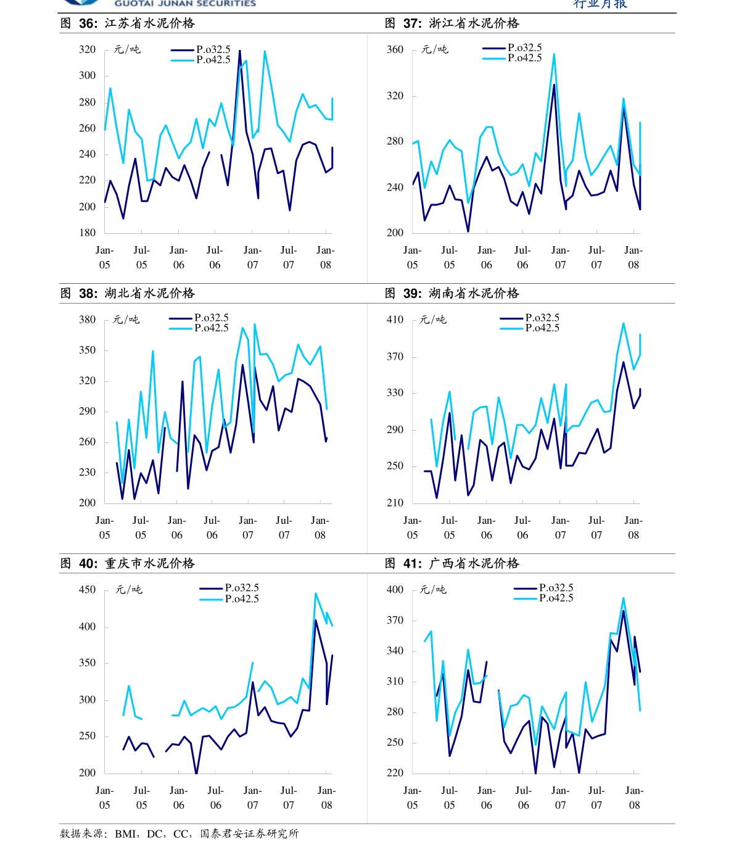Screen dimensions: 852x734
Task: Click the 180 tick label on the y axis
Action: tap(87, 233)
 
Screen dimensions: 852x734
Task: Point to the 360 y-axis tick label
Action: tap(395, 49)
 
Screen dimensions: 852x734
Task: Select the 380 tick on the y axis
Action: tap(87, 320)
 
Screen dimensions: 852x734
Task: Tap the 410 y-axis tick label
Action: tap(395, 320)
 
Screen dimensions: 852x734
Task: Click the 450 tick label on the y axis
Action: tap(87, 590)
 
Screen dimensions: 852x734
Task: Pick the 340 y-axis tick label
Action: tap(395, 651)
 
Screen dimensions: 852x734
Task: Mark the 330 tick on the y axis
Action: tap(395, 393)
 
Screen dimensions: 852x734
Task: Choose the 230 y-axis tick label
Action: tap(87, 472)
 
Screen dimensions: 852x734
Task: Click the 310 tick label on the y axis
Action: tap(395, 681)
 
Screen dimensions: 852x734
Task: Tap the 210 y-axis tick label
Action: tap(395, 503)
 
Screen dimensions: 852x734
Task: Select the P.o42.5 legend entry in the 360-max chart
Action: tap(524, 58)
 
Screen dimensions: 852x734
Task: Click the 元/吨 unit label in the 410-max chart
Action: tap(433, 320)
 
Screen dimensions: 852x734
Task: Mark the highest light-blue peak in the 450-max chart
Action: tap(316, 594)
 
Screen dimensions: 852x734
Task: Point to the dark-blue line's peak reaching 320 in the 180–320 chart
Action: tap(239, 51)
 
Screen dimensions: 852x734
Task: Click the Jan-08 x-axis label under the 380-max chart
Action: tap(320, 527)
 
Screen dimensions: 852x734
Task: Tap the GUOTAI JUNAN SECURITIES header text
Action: tap(185, 4)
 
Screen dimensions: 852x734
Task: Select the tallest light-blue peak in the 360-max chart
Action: tap(554, 54)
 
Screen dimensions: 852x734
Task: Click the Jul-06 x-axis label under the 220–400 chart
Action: tap(523, 798)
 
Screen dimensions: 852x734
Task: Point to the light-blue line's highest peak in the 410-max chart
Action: tap(624, 323)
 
